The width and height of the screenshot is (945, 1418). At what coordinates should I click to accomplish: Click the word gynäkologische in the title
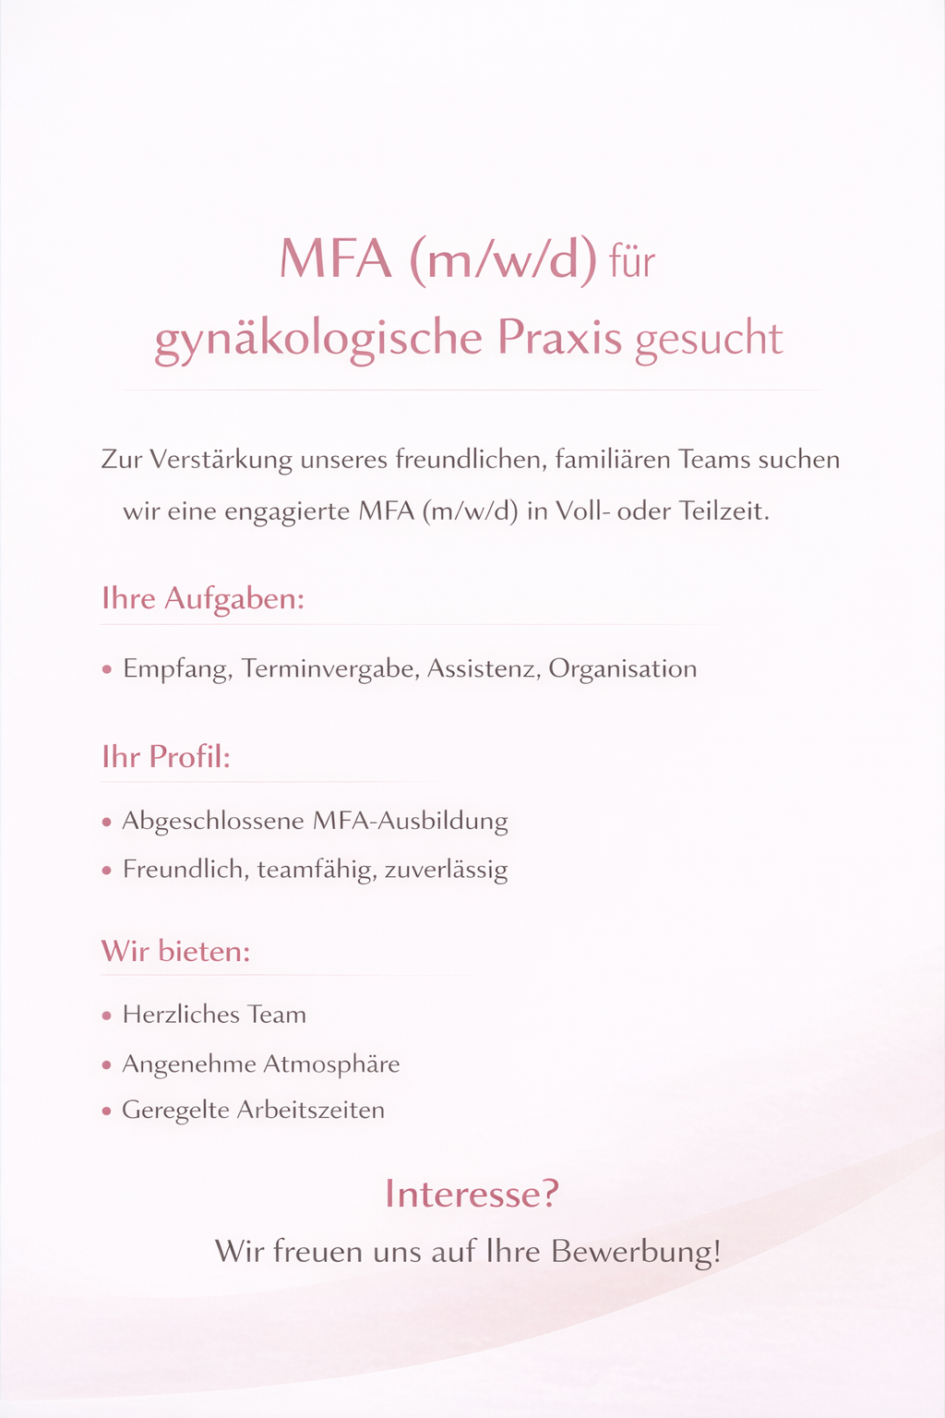coord(317,339)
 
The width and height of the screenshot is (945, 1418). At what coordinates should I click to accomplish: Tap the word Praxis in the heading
coord(560,338)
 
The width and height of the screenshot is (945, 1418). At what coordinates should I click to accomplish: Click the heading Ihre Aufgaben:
coord(203,599)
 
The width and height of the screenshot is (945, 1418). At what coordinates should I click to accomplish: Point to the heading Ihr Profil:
coord(166,757)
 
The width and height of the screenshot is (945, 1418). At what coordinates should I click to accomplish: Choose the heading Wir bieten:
coord(175,951)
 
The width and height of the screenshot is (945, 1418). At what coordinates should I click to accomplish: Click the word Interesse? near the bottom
coord(472,1194)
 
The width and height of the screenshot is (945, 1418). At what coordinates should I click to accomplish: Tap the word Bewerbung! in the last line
coord(636,1252)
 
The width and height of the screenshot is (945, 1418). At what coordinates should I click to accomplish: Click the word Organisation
coord(623,668)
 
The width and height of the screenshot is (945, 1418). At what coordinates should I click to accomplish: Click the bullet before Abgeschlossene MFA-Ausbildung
coord(107,822)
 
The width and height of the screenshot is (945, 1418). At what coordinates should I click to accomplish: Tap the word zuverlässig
coord(446,871)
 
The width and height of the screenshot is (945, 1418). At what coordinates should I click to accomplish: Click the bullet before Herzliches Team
coord(107,1015)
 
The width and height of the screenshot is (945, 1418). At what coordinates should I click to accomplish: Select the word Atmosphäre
coord(331,1064)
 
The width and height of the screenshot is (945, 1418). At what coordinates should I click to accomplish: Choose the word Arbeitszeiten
coord(311,1110)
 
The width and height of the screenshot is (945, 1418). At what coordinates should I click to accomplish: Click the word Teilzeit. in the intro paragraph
coord(724,511)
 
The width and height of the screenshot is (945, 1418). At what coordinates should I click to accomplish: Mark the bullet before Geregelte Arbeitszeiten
coord(107,1111)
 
